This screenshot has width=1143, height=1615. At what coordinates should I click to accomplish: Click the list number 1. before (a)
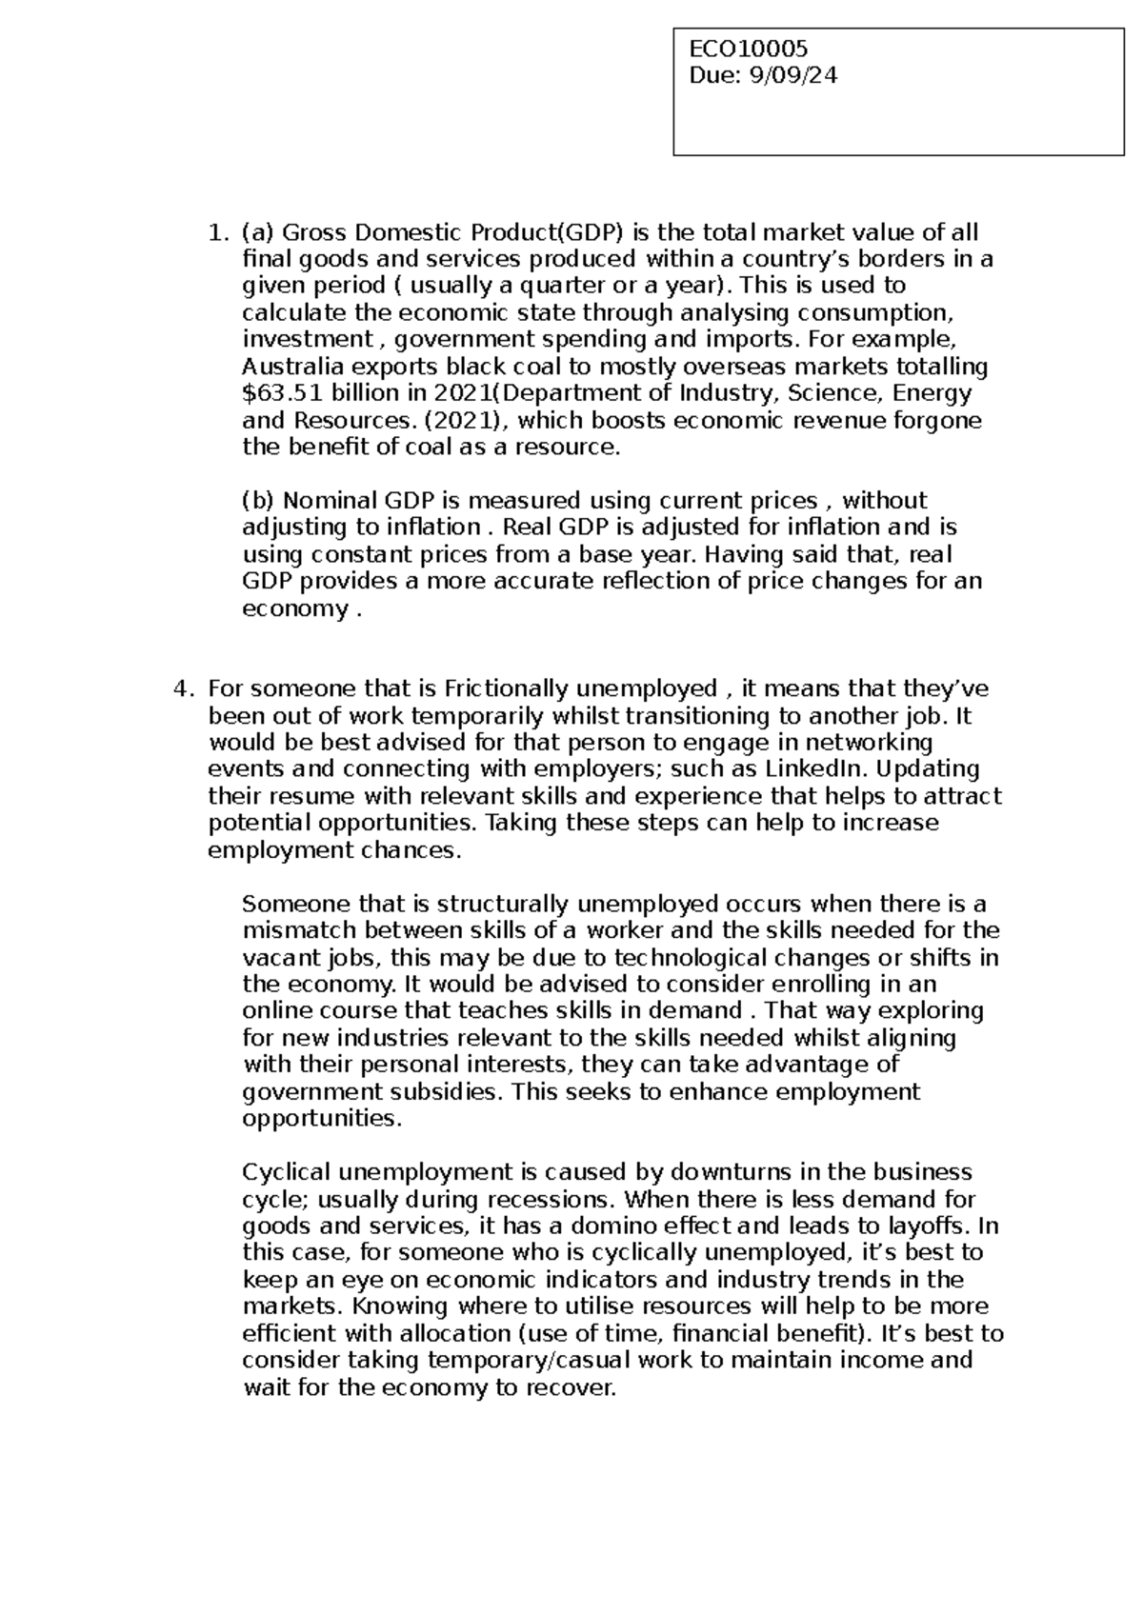tap(218, 232)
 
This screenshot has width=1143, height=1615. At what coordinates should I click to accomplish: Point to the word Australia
tap(286, 367)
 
